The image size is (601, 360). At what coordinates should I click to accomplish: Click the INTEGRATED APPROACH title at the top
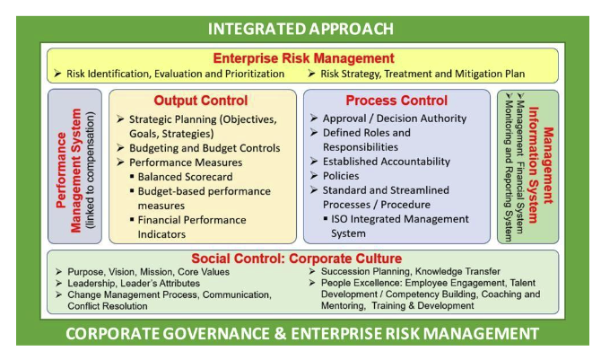(300, 29)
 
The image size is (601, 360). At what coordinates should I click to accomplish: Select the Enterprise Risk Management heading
(303, 58)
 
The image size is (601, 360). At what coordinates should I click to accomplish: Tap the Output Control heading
(201, 101)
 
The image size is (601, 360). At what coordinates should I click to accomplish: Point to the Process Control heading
(396, 101)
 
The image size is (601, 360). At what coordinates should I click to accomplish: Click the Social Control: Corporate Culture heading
(297, 259)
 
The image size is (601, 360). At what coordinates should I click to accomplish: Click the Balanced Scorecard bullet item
(185, 177)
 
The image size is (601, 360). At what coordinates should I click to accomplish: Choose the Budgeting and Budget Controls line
(205, 148)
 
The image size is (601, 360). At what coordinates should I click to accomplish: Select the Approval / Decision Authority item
(395, 119)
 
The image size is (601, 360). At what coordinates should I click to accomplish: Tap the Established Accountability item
(387, 162)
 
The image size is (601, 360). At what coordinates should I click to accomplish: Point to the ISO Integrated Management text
(400, 219)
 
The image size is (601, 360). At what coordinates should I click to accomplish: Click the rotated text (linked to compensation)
(90, 170)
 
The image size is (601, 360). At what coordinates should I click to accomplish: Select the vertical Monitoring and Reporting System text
(509, 171)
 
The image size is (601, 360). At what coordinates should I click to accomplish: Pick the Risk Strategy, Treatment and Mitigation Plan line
(422, 74)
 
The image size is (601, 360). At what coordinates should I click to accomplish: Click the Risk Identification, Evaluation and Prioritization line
(176, 74)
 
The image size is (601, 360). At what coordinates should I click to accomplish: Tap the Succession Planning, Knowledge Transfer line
(411, 271)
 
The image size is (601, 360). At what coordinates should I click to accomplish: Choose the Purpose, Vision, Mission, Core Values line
(149, 272)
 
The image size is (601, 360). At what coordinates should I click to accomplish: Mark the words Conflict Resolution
(108, 306)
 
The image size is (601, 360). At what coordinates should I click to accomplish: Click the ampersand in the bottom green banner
(281, 334)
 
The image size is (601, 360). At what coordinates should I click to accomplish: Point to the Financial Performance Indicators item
(192, 227)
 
